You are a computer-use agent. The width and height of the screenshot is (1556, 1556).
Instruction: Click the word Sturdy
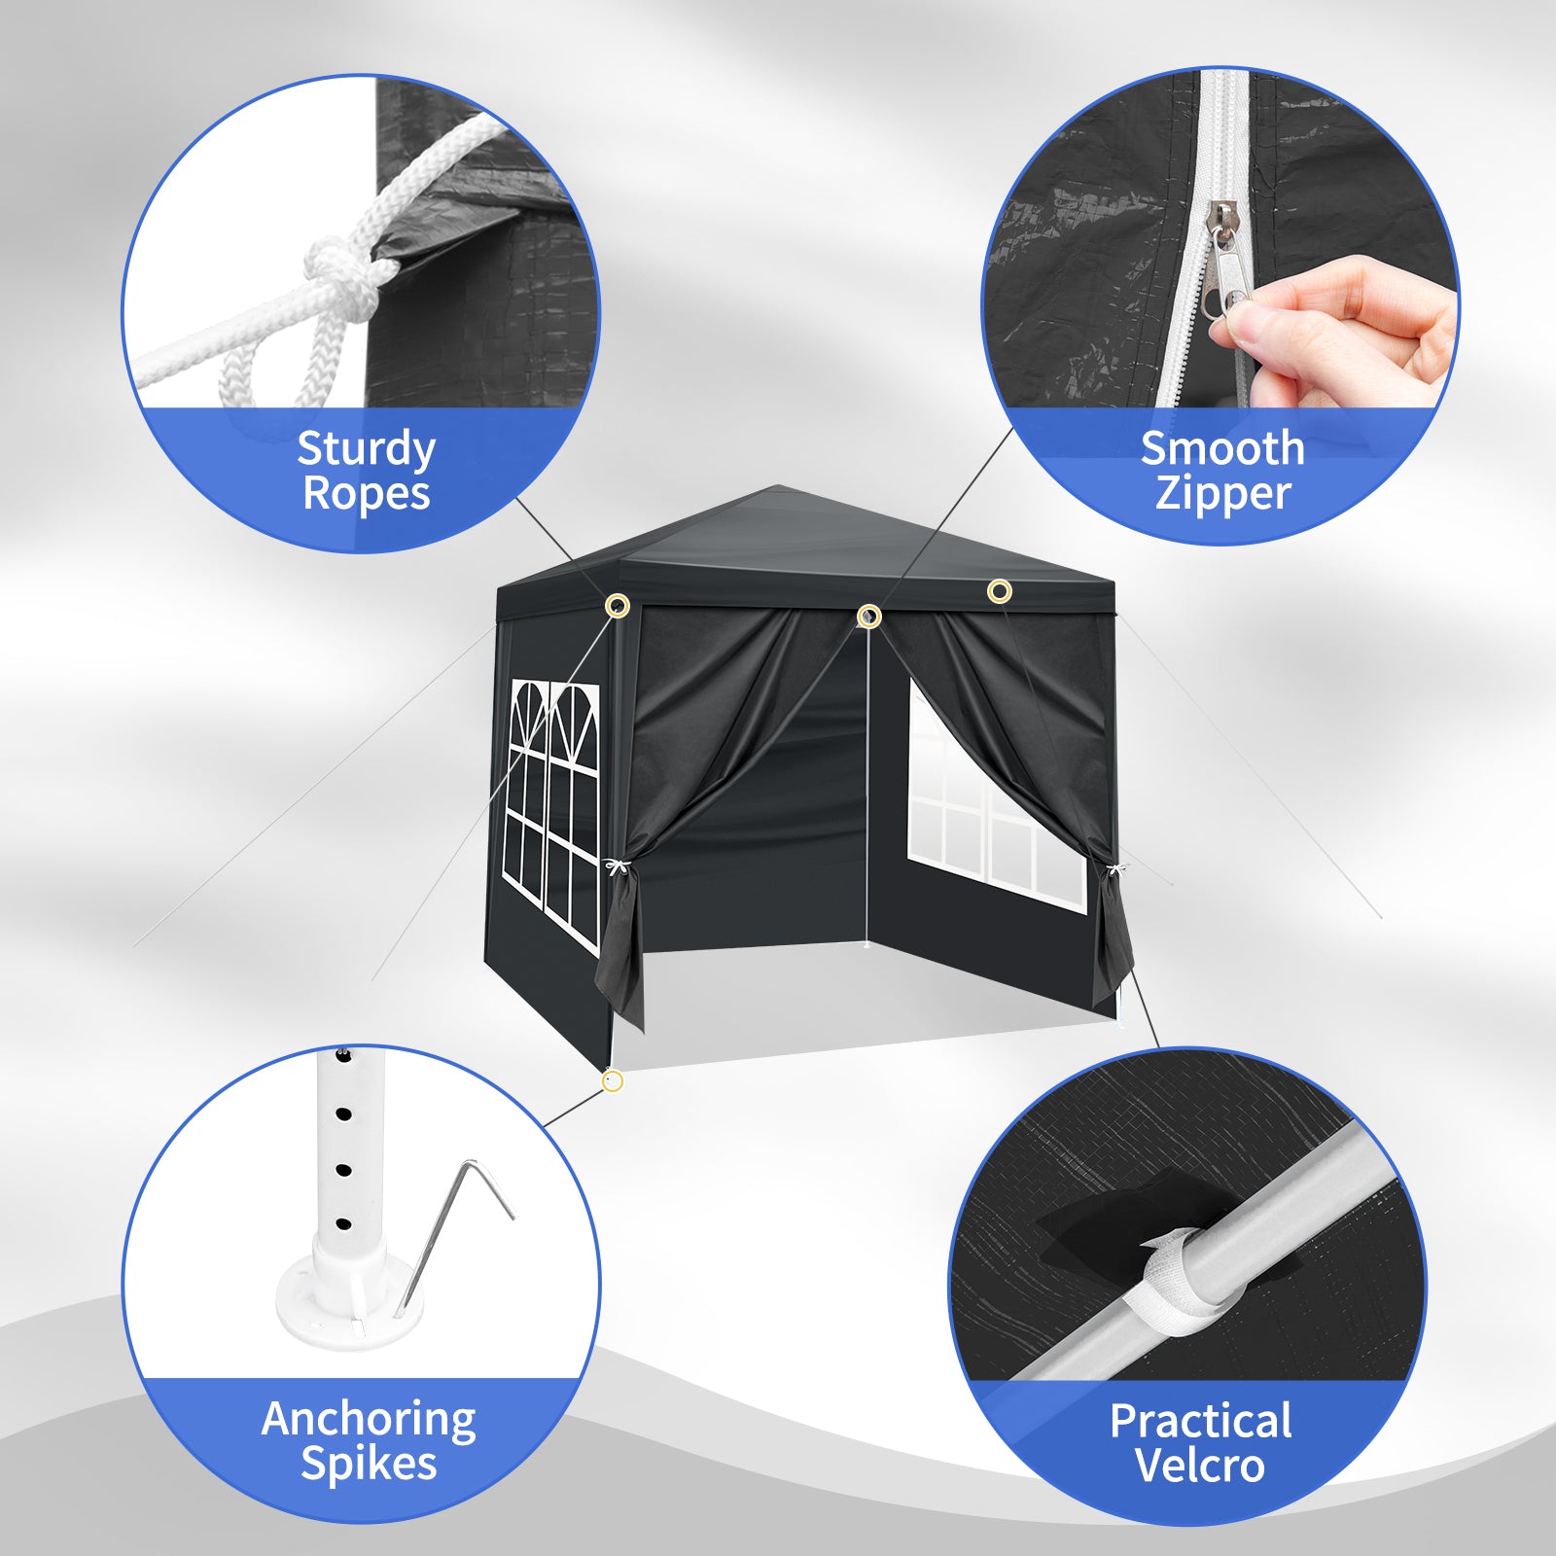[x=366, y=450]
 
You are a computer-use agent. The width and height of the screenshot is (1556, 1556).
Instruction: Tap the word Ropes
[x=366, y=493]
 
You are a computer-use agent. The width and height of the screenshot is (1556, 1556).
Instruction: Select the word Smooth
[x=1222, y=448]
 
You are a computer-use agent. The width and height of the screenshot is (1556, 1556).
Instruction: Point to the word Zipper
[x=1222, y=493]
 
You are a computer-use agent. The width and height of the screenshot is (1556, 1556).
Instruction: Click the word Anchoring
[x=369, y=1420]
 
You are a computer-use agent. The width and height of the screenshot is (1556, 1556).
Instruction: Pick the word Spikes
[x=369, y=1465]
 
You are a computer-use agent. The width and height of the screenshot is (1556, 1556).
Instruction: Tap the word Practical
[x=1201, y=1421]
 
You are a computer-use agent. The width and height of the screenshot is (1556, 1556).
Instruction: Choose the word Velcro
[x=1200, y=1466]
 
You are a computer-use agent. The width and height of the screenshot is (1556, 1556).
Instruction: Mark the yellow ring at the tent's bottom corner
[x=613, y=1080]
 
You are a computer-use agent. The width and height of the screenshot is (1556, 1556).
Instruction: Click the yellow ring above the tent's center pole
[x=869, y=616]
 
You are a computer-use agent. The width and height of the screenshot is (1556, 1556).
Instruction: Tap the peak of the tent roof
[x=775, y=486]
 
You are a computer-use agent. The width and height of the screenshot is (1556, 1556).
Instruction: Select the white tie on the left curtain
[x=616, y=866]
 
